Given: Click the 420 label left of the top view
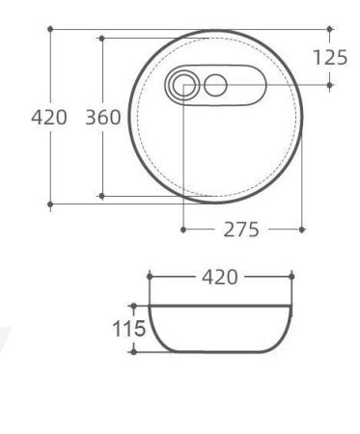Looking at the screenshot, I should pyautogui.click(x=48, y=118).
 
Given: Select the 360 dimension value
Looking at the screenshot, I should pyautogui.click(x=102, y=118).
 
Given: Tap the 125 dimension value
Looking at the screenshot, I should pyautogui.click(x=330, y=57).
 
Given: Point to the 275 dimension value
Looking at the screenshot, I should pyautogui.click(x=242, y=230).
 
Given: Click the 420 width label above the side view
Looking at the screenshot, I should pyautogui.click(x=219, y=277).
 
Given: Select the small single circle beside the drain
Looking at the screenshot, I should pyautogui.click(x=215, y=85).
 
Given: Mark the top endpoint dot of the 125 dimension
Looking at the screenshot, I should pyautogui.click(x=330, y=29).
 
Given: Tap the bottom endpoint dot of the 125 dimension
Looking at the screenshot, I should pyautogui.click(x=330, y=85).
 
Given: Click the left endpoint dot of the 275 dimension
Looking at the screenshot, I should pyautogui.click(x=182, y=230).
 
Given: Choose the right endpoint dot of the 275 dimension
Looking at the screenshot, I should pyautogui.click(x=303, y=230).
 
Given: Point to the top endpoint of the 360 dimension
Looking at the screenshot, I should pyautogui.click(x=101, y=39).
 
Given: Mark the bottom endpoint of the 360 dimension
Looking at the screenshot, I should pyautogui.click(x=101, y=196).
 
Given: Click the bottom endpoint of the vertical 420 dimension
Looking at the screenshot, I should pyautogui.click(x=50, y=204).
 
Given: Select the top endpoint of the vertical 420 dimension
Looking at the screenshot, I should pyautogui.click(x=50, y=29).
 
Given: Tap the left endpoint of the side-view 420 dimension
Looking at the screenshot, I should pyautogui.click(x=150, y=277).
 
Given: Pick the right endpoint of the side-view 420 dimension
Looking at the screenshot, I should pyautogui.click(x=290, y=277).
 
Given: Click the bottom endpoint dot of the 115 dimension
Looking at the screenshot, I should pyautogui.click(x=133, y=352).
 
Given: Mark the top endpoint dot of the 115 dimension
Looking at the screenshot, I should pyautogui.click(x=133, y=304).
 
